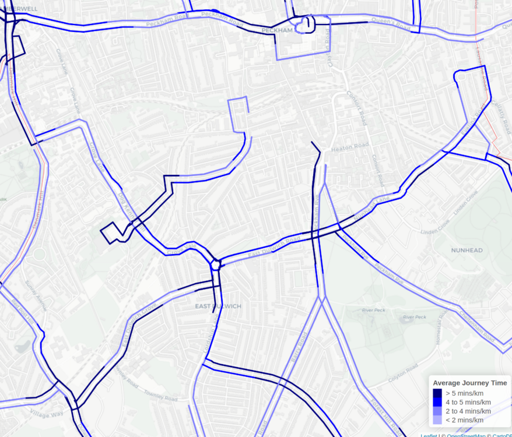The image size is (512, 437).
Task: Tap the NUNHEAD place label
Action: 467,250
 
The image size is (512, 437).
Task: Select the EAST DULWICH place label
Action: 218,306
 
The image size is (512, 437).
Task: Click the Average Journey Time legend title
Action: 469,383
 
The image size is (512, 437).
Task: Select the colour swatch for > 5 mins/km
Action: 437,393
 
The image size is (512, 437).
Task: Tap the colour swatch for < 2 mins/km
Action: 437,420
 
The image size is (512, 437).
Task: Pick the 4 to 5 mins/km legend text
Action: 468,402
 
